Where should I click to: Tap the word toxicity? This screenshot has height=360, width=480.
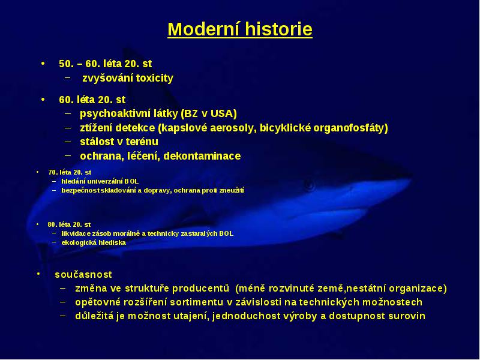pyautogui.click(x=155, y=78)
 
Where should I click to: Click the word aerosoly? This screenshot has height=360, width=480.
pyautogui.click(x=233, y=128)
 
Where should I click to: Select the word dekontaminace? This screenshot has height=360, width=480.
pyautogui.click(x=202, y=156)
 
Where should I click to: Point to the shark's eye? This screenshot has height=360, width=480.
pyautogui.click(x=308, y=185)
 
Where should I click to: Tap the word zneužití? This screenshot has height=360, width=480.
pyautogui.click(x=232, y=190)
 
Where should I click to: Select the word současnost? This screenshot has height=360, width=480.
pyautogui.click(x=83, y=275)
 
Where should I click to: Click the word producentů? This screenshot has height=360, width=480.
pyautogui.click(x=200, y=289)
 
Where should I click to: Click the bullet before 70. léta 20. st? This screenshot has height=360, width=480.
pyautogui.click(x=38, y=172)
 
